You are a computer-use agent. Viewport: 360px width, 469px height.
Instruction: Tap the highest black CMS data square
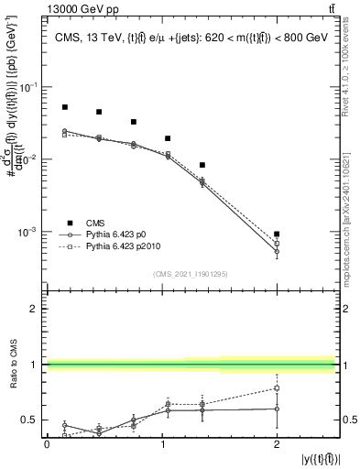coord(65,107)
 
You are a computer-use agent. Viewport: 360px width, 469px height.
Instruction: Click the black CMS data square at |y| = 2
coord(277,234)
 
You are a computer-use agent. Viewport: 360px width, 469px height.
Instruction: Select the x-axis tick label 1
coord(161,444)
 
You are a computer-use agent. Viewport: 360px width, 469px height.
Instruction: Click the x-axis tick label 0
coord(47,444)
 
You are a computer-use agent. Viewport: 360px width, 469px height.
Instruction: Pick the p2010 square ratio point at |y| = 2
coord(277,388)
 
